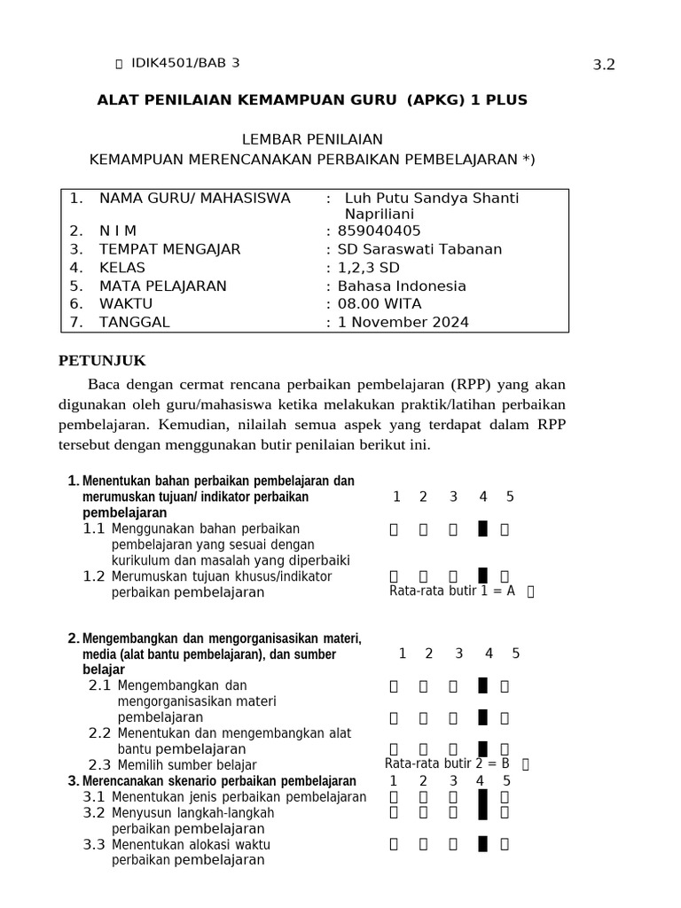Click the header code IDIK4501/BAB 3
point(185,63)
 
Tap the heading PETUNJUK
point(101,361)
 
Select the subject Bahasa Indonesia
point(402,286)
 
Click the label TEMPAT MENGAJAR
point(169,249)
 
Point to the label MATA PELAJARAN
point(162,286)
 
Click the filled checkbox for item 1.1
point(482,529)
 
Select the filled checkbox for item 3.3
point(482,844)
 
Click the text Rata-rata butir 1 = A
point(452,591)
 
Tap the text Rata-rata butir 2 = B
point(447,763)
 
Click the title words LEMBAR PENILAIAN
point(312,139)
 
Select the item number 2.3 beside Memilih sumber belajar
point(99,764)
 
